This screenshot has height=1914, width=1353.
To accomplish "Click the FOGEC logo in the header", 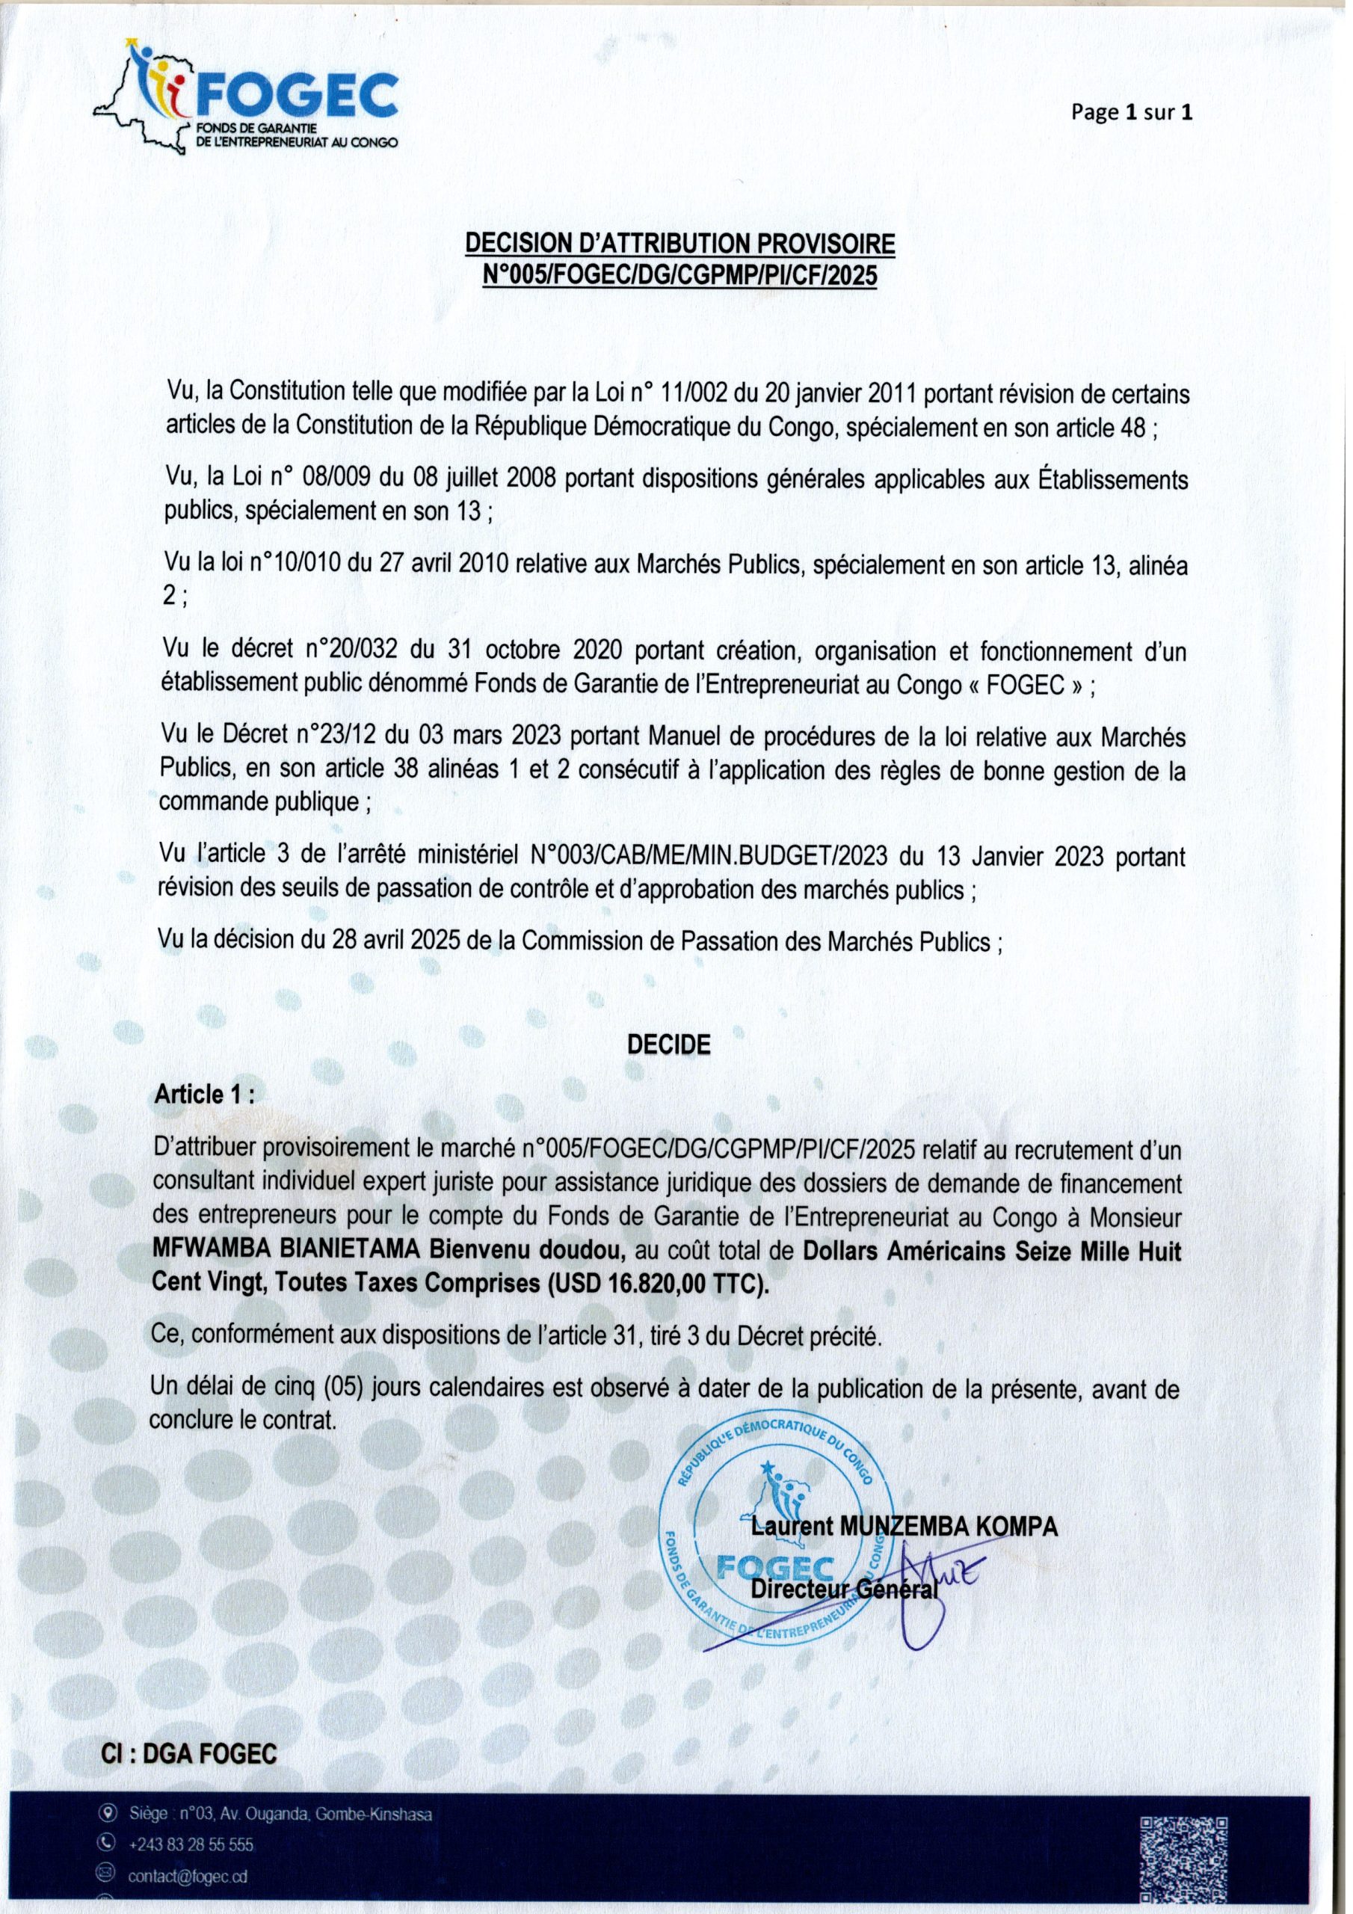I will pos(246,100).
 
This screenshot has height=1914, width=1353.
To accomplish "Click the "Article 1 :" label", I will pos(204,1095).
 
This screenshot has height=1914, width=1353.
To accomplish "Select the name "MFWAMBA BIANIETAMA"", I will pos(289,1253).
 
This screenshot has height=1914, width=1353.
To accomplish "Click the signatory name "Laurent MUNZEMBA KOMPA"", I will pos(904,1527).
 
